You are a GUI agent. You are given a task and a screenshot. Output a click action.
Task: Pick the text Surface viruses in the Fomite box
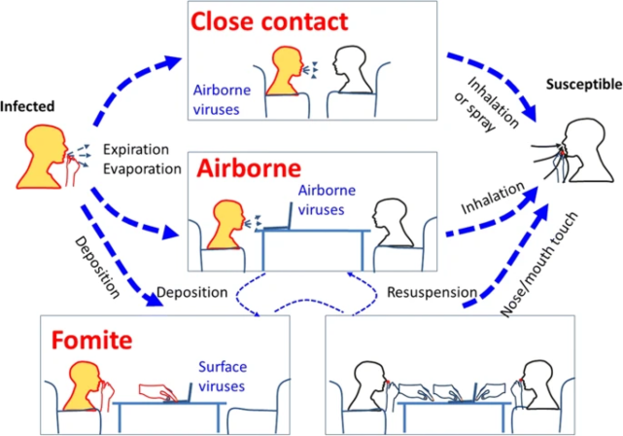[x=223, y=377]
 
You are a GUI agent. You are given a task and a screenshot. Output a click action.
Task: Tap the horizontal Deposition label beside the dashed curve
[x=192, y=291]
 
